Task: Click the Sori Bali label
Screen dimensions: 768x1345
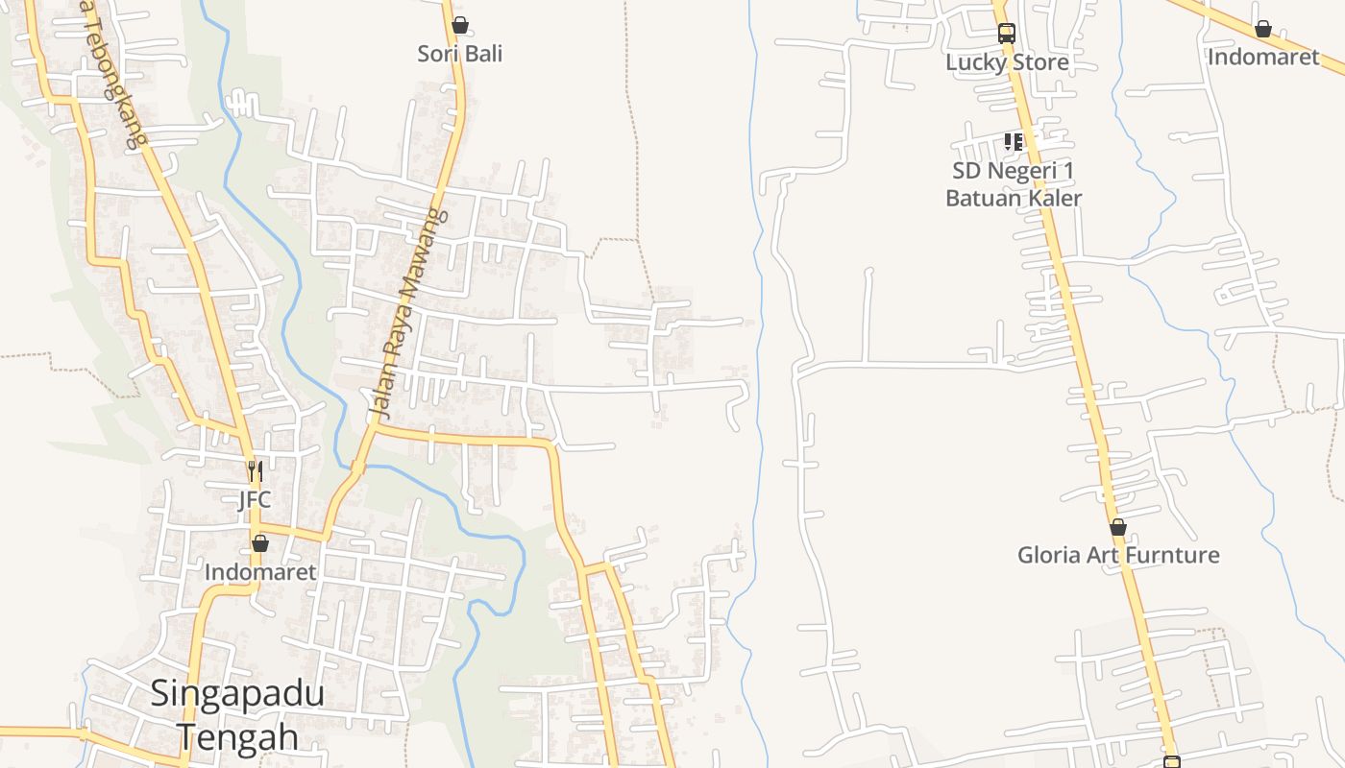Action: pyautogui.click(x=459, y=54)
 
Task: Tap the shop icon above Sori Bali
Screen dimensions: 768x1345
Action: pyautogui.click(x=460, y=25)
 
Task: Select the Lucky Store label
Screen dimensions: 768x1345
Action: pyautogui.click(x=1007, y=62)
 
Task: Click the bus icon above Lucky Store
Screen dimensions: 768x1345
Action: pyautogui.click(x=1006, y=33)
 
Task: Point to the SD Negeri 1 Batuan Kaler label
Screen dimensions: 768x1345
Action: pyautogui.click(x=1014, y=184)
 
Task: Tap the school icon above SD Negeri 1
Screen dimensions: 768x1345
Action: pyautogui.click(x=1013, y=142)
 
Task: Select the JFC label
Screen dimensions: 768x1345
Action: pyautogui.click(x=255, y=500)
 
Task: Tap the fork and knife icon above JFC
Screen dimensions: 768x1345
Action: pyautogui.click(x=255, y=471)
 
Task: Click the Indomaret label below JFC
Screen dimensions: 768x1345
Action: pyautogui.click(x=260, y=572)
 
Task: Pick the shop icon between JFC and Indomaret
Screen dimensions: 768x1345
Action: pyautogui.click(x=259, y=543)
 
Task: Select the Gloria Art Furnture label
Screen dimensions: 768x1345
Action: pyautogui.click(x=1118, y=555)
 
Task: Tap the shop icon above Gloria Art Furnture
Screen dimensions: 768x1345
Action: pyautogui.click(x=1117, y=527)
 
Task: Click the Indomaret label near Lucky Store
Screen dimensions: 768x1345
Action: pyautogui.click(x=1263, y=57)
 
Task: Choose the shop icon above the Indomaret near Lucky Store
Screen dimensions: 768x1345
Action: pyautogui.click(x=1262, y=30)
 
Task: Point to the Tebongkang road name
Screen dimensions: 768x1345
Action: pyautogui.click(x=113, y=79)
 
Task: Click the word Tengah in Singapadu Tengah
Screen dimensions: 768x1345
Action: pyautogui.click(x=237, y=737)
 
